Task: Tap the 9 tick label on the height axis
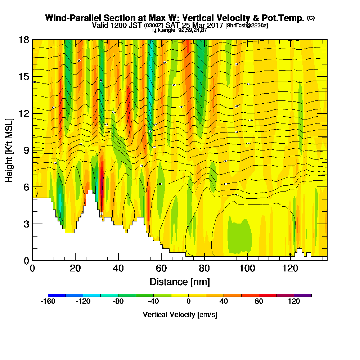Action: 26,150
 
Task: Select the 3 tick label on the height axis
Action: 26,224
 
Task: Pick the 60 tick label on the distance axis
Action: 161,269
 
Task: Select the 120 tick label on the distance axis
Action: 291,269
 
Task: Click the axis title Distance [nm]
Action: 180,282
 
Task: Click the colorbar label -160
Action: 48,302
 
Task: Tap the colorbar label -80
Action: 118,302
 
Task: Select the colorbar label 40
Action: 224,302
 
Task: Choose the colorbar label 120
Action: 294,302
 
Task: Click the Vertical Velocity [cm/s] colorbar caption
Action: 180,315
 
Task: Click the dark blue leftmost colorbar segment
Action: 57,295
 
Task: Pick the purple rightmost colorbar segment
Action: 303,295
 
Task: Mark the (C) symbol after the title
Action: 311,18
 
